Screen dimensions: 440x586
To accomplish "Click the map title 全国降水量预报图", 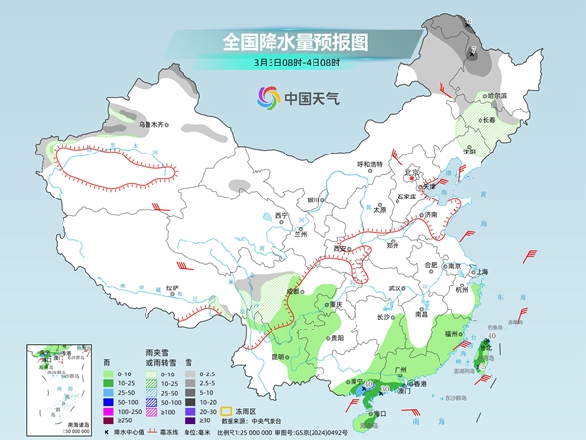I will click(294, 42).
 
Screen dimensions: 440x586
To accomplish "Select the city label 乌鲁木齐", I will click(152, 126).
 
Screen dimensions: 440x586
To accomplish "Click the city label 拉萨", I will click(172, 287).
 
